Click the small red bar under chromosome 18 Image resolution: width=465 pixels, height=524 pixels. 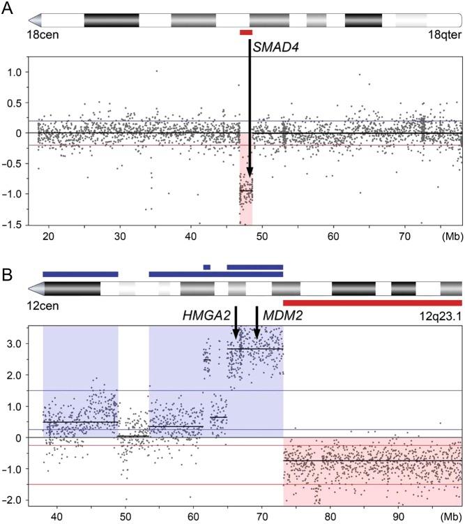tap(246, 32)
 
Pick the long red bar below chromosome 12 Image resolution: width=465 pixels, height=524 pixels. tap(372, 303)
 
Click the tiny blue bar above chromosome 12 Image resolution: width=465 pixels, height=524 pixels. tap(206, 267)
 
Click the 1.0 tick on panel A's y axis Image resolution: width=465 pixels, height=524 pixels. tap(23, 72)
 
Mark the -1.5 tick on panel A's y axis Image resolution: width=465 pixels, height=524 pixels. tap(21, 224)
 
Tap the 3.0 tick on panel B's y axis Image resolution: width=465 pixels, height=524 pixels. tap(23, 344)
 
